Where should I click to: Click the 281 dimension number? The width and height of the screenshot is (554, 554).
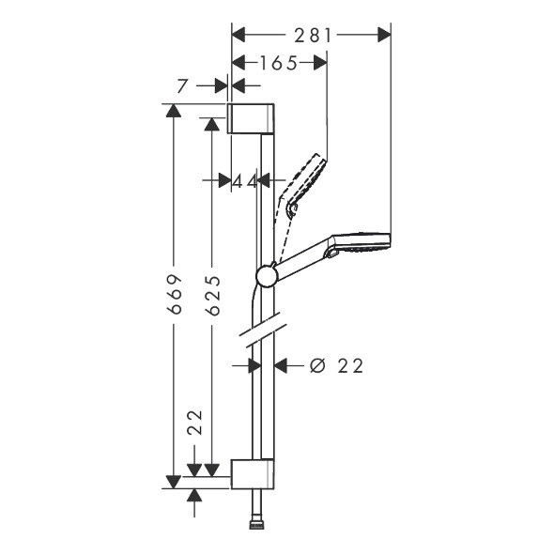click(313, 36)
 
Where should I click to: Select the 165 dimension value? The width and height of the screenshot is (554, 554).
click(279, 64)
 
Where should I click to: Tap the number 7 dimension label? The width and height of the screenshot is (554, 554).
click(181, 85)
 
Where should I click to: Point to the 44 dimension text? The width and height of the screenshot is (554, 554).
click(244, 181)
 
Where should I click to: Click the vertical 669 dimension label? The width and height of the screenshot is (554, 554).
click(175, 294)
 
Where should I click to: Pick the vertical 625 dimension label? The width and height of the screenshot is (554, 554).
click(213, 296)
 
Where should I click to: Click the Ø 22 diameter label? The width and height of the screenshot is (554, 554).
click(336, 365)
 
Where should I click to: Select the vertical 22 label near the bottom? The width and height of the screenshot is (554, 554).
click(195, 423)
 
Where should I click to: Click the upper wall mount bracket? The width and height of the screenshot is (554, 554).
click(250, 118)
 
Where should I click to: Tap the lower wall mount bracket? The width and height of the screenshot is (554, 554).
click(253, 474)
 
